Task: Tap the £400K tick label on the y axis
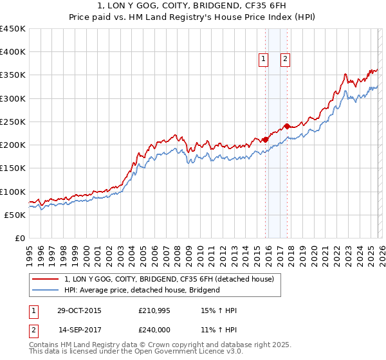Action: click(x=13, y=52)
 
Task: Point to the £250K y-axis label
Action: click(x=13, y=122)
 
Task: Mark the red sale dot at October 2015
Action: click(x=265, y=139)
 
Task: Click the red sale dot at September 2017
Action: click(x=287, y=126)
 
